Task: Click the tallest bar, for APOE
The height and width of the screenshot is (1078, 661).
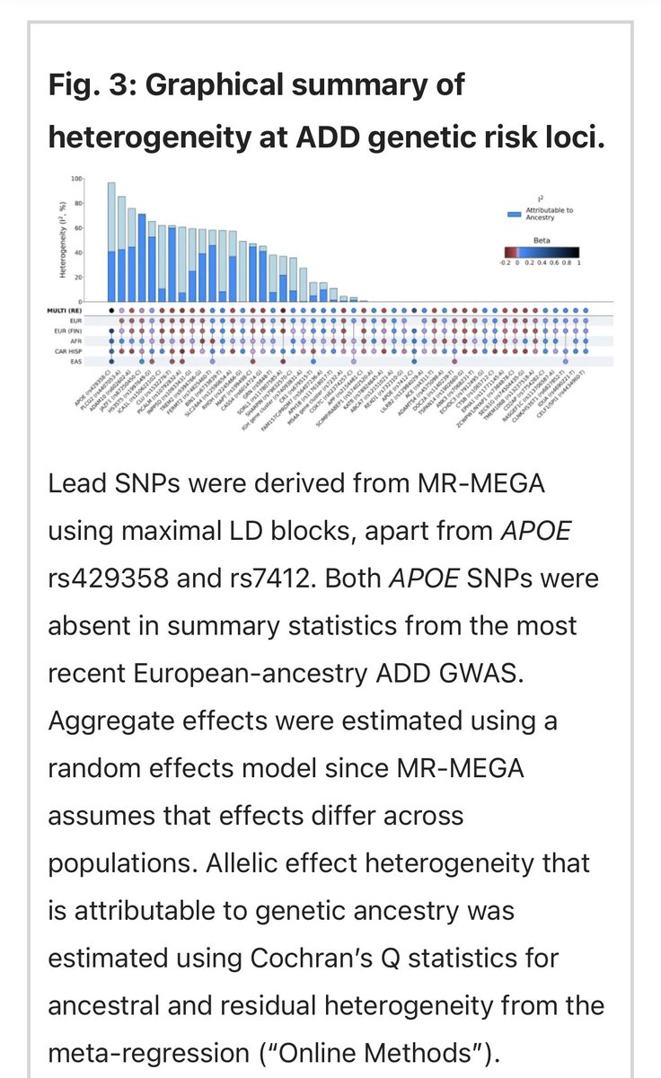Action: (111, 243)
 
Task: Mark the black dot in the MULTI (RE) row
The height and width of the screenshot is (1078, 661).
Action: (111, 310)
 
